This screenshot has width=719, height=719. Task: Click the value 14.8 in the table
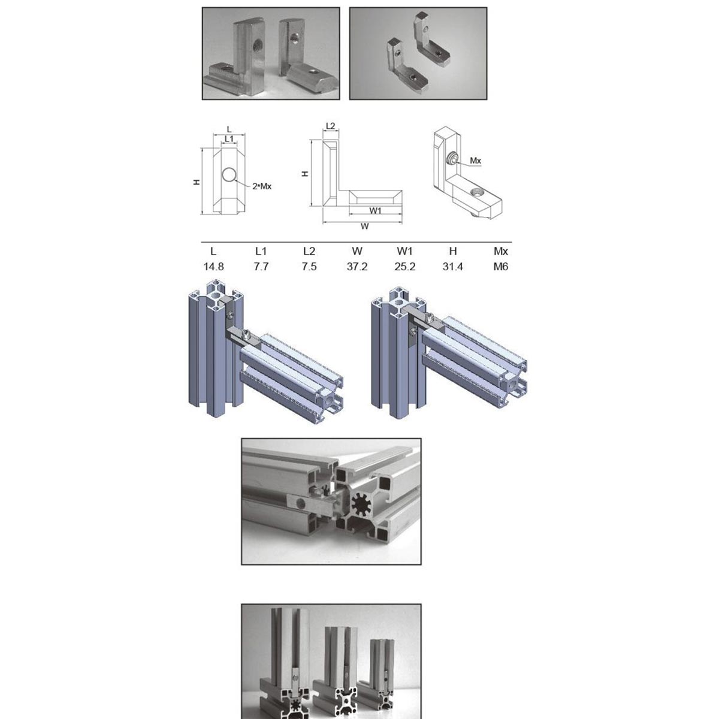tap(213, 267)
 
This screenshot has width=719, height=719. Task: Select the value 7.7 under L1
tap(261, 267)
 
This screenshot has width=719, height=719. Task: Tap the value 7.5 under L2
tap(309, 267)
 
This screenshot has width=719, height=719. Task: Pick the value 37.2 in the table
tap(357, 267)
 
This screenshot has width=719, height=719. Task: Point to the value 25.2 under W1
tap(405, 267)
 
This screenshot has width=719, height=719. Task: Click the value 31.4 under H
tap(452, 267)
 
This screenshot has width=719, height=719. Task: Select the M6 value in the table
tap(501, 267)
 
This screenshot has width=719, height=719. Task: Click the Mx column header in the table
tap(501, 252)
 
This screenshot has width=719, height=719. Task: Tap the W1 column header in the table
tap(405, 252)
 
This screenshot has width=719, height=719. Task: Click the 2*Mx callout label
tap(262, 186)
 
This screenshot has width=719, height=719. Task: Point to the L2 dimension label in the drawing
tap(331, 126)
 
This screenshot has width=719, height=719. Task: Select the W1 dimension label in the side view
tap(375, 210)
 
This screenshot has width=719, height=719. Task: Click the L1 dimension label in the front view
tap(229, 139)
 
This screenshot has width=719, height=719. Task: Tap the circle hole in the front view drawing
tap(229, 174)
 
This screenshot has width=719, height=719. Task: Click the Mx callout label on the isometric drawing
tap(475, 161)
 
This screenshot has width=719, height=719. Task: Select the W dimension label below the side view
tap(365, 226)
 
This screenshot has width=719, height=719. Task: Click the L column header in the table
tap(213, 252)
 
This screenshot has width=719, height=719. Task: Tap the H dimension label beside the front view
tap(197, 182)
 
